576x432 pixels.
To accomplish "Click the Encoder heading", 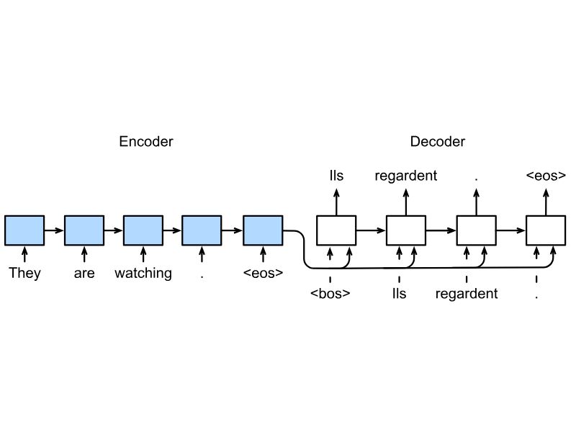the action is (146, 141).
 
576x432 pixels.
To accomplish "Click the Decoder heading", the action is (438, 141).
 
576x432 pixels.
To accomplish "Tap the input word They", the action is (24, 274).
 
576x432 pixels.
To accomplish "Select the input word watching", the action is (143, 274).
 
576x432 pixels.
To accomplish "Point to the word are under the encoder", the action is (84, 274).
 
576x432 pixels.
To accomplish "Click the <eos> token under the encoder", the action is (263, 273).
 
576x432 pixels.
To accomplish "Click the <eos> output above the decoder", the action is (546, 175).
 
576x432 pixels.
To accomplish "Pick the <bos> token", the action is (330, 294).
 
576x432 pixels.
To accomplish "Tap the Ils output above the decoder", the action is (336, 175).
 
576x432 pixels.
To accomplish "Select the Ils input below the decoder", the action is (400, 294).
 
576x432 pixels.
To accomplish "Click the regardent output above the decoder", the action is (406, 176).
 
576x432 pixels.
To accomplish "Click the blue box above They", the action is (24, 230).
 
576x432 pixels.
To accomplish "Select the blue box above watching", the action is (143, 230).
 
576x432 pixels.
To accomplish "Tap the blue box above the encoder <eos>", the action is (263, 230).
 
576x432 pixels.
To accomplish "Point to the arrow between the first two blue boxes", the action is (55, 230).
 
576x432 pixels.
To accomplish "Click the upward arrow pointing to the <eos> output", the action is (546, 202).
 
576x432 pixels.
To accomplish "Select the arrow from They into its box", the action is (24, 254).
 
